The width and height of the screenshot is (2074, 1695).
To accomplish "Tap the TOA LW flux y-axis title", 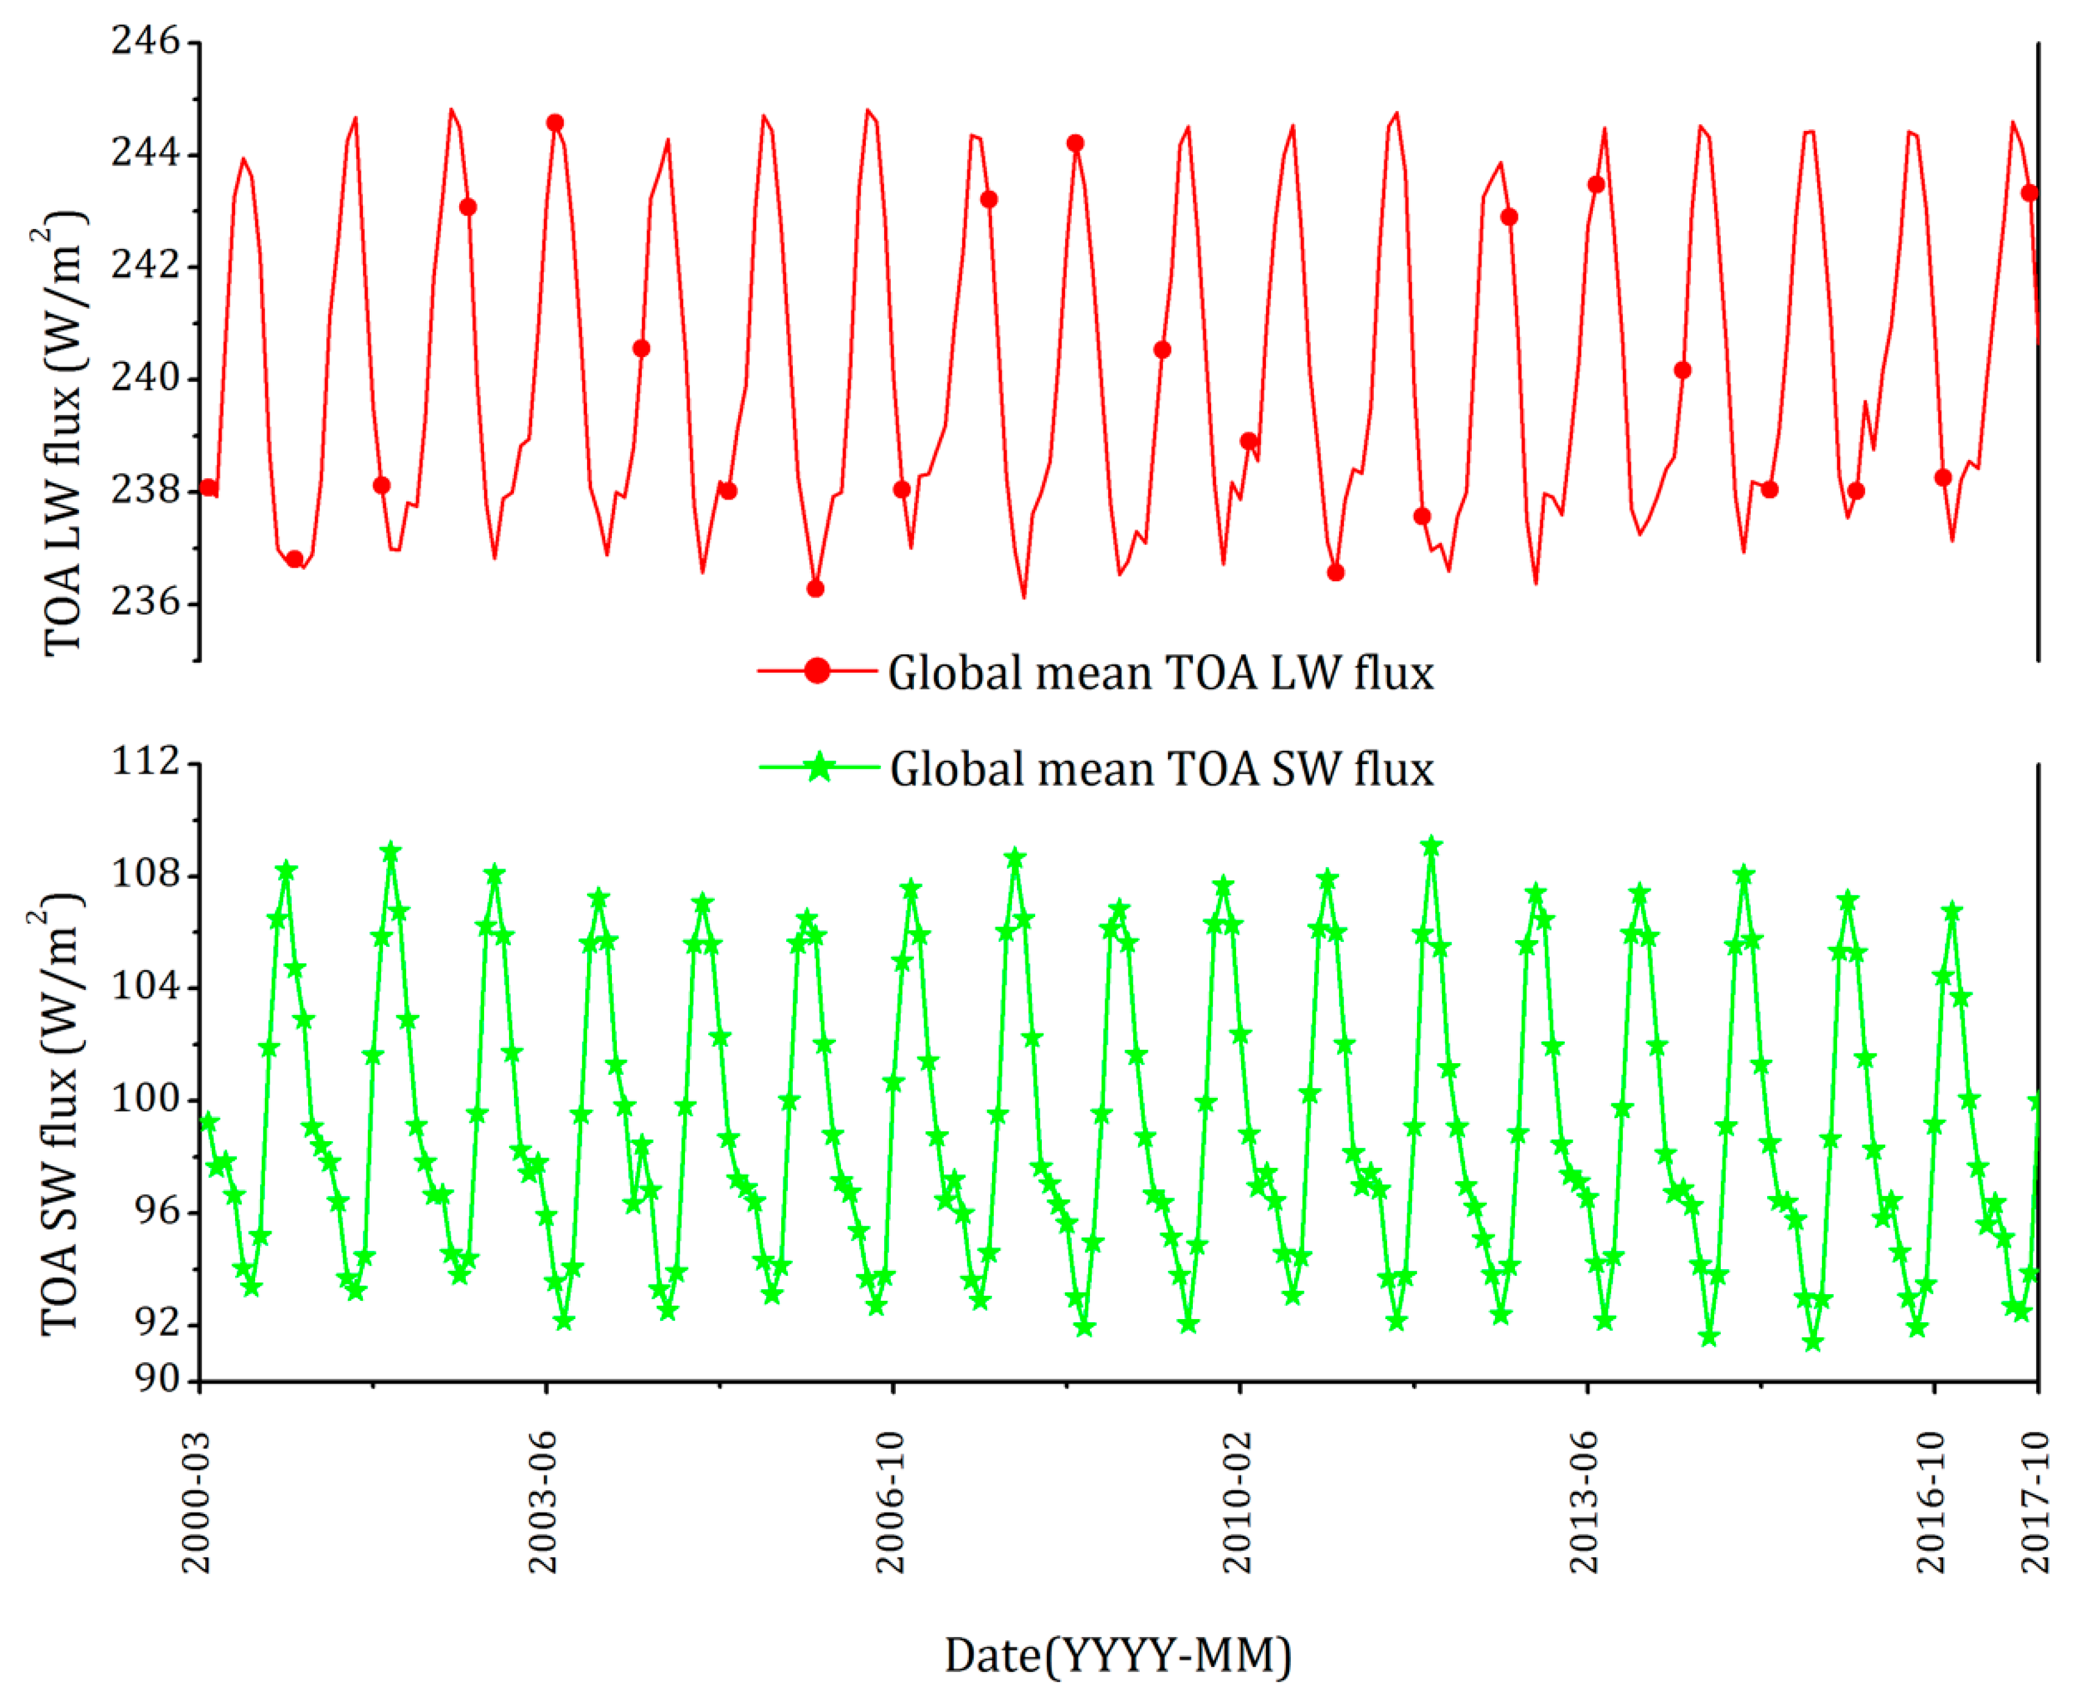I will click(63, 434).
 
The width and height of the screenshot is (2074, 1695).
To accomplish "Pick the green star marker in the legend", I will click(820, 768).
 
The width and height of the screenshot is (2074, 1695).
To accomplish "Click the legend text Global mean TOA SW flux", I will click(1161, 770).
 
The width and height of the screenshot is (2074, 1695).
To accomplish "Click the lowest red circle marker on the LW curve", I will click(815, 589).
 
